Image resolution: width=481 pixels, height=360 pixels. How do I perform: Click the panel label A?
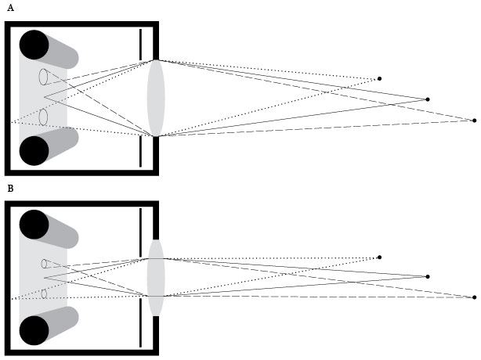click(x=9, y=7)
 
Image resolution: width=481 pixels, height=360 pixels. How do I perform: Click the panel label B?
click(x=9, y=189)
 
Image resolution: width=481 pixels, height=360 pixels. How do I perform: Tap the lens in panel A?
click(x=156, y=99)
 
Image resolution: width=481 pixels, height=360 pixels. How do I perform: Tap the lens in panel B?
click(x=156, y=278)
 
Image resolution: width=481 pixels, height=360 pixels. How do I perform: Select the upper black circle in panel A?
click(x=34, y=45)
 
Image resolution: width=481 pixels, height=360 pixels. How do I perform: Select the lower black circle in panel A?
click(x=34, y=150)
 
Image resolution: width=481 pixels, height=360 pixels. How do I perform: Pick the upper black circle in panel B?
click(x=34, y=225)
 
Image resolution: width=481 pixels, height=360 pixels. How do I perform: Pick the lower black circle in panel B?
click(x=34, y=330)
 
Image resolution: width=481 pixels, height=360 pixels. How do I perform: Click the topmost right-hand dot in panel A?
click(x=380, y=78)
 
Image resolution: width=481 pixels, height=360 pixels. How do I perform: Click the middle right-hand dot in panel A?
click(x=427, y=99)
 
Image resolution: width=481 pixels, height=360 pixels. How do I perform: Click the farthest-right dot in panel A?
click(x=474, y=121)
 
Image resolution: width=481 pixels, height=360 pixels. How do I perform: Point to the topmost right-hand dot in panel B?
click(x=380, y=257)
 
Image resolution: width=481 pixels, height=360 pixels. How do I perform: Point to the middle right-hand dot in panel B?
click(x=427, y=276)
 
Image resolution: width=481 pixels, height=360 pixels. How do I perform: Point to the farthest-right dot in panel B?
click(x=474, y=297)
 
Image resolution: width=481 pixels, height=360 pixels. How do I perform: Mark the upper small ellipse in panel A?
click(x=44, y=77)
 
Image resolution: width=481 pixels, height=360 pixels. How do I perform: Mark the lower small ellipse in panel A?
click(x=44, y=117)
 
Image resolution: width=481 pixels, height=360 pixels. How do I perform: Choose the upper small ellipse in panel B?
click(x=45, y=264)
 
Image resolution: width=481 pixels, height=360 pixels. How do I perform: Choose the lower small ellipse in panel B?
click(x=45, y=294)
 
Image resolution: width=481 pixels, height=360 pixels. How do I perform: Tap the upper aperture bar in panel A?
click(x=141, y=44)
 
